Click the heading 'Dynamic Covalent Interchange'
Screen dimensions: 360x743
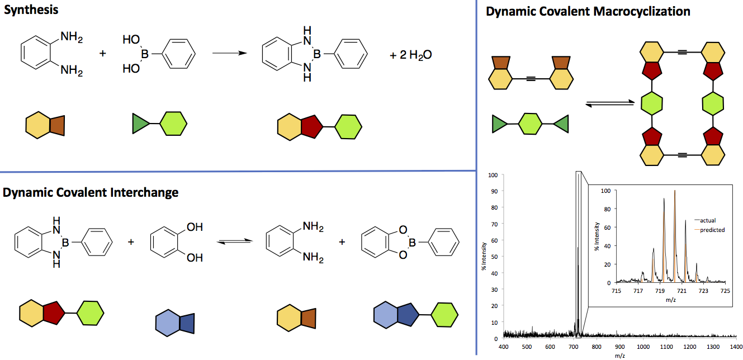91,192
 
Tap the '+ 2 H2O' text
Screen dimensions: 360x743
411,55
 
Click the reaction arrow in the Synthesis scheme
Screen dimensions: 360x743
229,54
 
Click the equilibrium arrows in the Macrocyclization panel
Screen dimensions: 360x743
606,103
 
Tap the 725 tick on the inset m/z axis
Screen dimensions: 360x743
725,291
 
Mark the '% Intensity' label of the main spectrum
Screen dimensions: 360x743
484,257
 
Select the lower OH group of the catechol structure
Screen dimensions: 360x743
195,258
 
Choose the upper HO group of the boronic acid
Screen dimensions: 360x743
131,40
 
